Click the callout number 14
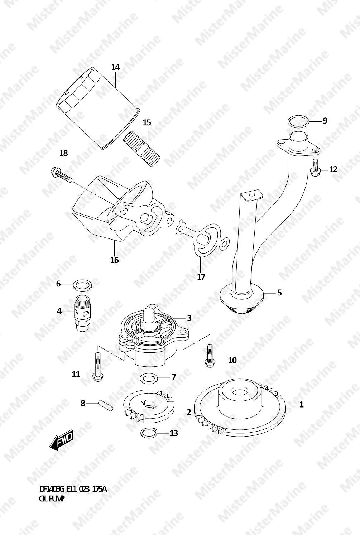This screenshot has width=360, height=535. click(115, 67)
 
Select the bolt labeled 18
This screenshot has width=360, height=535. click(61, 176)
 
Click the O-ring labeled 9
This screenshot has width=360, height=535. click(298, 122)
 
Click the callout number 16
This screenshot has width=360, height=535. click(115, 260)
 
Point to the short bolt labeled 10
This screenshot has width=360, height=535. click(210, 356)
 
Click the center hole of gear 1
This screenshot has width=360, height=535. click(240, 392)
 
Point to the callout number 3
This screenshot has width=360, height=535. click(189, 318)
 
